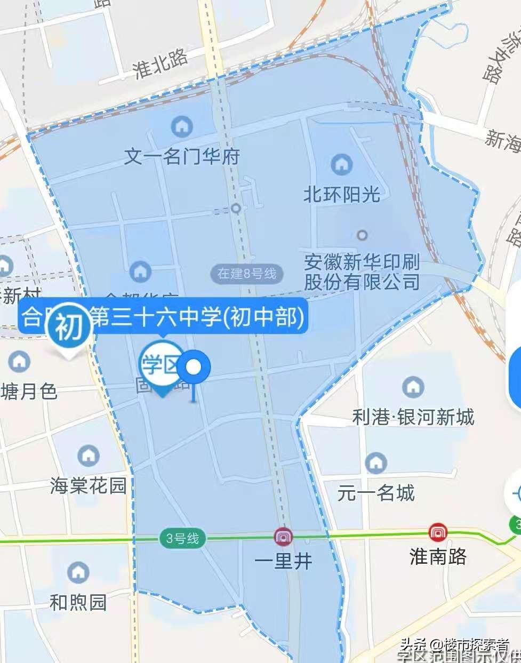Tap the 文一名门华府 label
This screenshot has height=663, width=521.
[182, 157]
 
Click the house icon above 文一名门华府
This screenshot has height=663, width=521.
[182, 127]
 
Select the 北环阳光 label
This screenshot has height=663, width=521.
[342, 194]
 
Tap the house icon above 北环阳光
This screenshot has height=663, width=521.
[342, 164]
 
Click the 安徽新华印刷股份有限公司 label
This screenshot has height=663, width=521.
[362, 272]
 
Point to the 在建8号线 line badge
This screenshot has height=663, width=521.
[247, 274]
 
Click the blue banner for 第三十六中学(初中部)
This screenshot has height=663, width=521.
[197, 317]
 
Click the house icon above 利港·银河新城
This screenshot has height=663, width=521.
[413, 386]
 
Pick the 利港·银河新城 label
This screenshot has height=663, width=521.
[413, 417]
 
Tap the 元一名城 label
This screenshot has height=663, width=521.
[376, 493]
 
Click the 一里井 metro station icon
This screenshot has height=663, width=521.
[283, 536]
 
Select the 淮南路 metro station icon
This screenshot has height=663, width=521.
[438, 532]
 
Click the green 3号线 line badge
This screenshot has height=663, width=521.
[182, 539]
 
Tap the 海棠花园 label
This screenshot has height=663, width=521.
[89, 485]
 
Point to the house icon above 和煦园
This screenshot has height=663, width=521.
[78, 572]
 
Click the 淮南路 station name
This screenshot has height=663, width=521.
[438, 557]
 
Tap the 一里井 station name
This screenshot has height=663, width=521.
[283, 561]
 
